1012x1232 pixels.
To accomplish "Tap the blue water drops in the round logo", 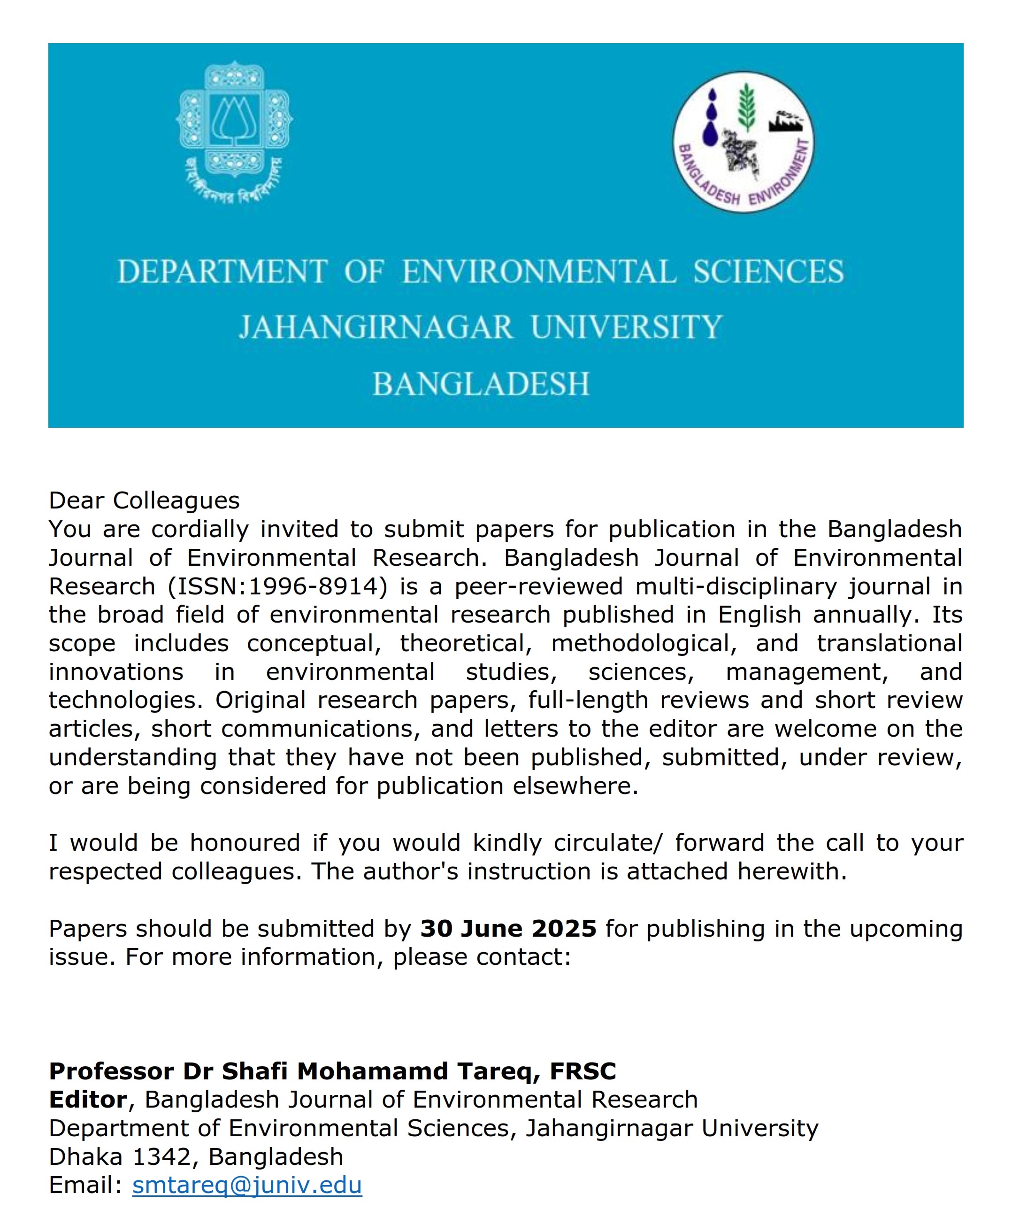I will (x=710, y=120).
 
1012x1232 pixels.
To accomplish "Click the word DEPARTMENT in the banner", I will (x=222, y=272).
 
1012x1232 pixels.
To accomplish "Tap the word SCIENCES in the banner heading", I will (x=768, y=272).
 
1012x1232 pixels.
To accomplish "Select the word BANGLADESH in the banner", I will (x=481, y=384).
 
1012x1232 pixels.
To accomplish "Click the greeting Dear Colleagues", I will (x=144, y=500).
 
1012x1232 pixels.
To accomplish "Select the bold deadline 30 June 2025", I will (x=508, y=929).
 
